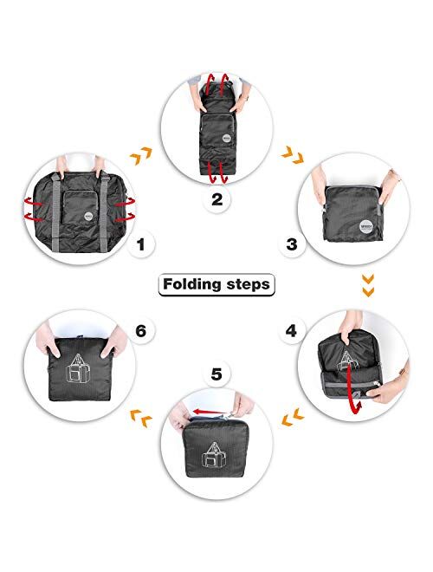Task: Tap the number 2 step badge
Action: click(x=216, y=198)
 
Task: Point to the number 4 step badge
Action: click(x=292, y=330)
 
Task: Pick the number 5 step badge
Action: click(x=216, y=375)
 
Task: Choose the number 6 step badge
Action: click(x=141, y=330)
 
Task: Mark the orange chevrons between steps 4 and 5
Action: click(x=293, y=421)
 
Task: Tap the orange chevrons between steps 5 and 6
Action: click(x=138, y=421)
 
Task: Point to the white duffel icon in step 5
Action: click(x=213, y=457)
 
